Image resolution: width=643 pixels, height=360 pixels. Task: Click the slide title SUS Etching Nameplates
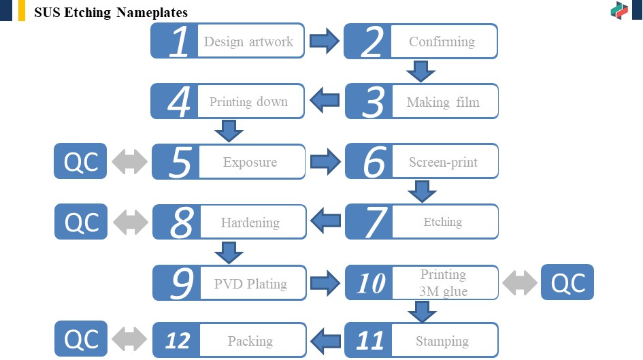coord(111,12)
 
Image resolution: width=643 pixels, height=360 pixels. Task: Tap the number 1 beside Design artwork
coord(179,41)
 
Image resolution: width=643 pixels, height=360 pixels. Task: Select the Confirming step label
coord(442,42)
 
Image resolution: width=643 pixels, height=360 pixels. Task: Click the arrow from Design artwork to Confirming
coord(325,41)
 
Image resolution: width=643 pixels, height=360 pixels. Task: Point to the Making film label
coord(443,101)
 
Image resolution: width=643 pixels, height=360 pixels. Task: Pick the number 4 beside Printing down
coord(179,101)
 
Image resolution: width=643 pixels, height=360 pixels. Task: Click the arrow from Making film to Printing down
coord(325,100)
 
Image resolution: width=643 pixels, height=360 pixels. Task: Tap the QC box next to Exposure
coord(80,161)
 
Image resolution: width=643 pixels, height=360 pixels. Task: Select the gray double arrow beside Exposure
coord(129,161)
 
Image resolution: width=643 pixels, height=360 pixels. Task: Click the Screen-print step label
coord(443,162)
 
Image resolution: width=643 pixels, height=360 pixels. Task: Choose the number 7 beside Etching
coord(376,222)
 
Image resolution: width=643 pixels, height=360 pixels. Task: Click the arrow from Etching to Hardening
coord(326,220)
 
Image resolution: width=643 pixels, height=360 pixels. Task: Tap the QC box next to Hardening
coord(81,221)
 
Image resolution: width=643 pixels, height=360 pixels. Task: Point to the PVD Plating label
coord(250,283)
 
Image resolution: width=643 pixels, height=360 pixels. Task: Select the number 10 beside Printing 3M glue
coord(371,283)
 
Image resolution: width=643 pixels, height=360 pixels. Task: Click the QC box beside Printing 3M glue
coord(567,282)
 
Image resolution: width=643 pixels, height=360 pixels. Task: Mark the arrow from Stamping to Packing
coord(326,340)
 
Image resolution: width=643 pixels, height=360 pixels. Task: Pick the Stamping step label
coord(442,341)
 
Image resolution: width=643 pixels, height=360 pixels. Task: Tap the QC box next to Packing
coord(81,339)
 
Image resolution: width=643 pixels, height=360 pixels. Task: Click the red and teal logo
coord(619,11)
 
